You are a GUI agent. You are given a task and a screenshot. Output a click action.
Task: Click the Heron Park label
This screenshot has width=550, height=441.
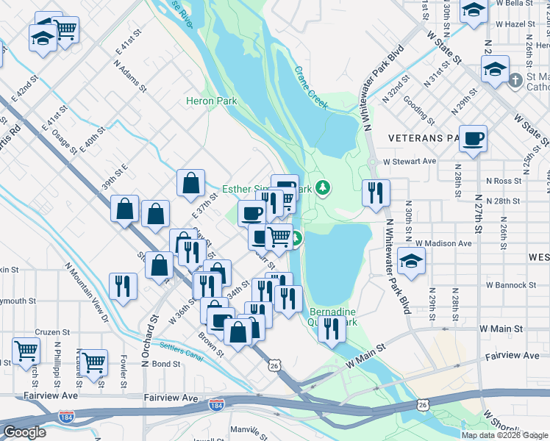coord(210,101)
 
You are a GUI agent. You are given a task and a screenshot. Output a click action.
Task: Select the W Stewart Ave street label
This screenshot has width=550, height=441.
coord(409,161)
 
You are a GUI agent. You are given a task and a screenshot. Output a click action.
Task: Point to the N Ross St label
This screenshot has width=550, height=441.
coord(503,181)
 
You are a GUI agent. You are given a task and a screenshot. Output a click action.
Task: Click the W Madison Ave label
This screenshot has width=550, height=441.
coord(443,243)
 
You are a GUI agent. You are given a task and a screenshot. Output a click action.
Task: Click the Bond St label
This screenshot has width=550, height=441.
coord(166,364)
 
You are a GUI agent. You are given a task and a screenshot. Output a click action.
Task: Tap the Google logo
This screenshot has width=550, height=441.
coord(25,432)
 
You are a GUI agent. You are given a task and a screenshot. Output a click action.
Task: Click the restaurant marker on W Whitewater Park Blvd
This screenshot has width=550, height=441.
coord(376,193)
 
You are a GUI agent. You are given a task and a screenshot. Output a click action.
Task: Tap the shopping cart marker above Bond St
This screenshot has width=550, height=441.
coord(94,362)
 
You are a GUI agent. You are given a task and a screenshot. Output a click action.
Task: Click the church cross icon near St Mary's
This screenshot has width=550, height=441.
coord(515,79)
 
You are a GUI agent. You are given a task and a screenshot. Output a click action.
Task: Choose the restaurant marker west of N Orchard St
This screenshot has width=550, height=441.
coord(123,286)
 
